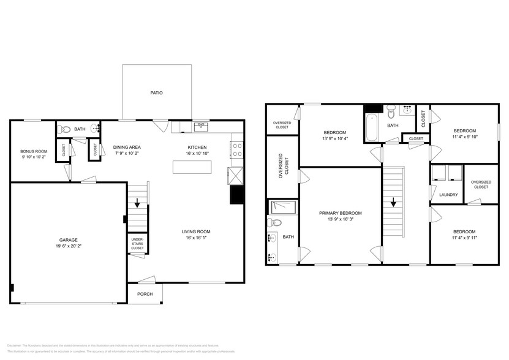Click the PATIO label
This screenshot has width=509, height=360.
click(157, 93)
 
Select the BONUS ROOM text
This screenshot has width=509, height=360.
click(34, 151)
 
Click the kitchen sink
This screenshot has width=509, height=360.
click(202, 127)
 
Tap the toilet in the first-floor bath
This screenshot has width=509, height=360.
click(65, 129)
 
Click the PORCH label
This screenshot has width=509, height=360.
click(145, 293)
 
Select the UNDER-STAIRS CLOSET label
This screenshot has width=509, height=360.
click(137, 243)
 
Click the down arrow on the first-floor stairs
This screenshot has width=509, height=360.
click(137, 204)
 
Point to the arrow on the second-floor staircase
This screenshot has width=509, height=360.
click(393, 202)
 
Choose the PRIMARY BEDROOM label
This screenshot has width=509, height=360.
click(340, 213)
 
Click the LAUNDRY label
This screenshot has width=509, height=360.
click(448, 195)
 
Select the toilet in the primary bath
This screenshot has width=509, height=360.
click(274, 223)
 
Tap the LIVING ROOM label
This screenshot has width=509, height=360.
click(196, 231)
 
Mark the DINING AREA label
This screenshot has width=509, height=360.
click(127, 147)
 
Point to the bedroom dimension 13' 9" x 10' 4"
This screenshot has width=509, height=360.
click(334, 139)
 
